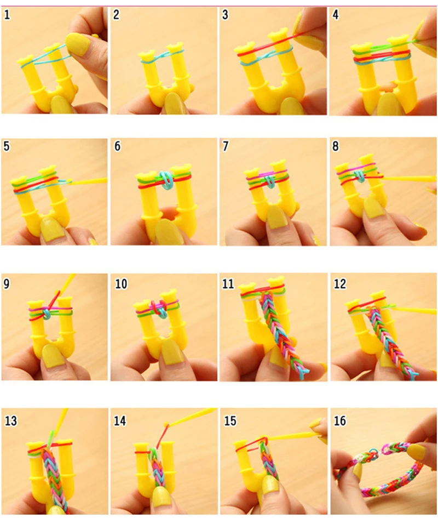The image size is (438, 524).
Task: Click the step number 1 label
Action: [7, 15]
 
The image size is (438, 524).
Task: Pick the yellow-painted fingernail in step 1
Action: [78, 44]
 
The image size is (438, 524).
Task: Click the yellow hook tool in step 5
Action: [90, 180]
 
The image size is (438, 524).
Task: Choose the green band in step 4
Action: [378, 49]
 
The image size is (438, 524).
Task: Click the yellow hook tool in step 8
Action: [411, 178]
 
